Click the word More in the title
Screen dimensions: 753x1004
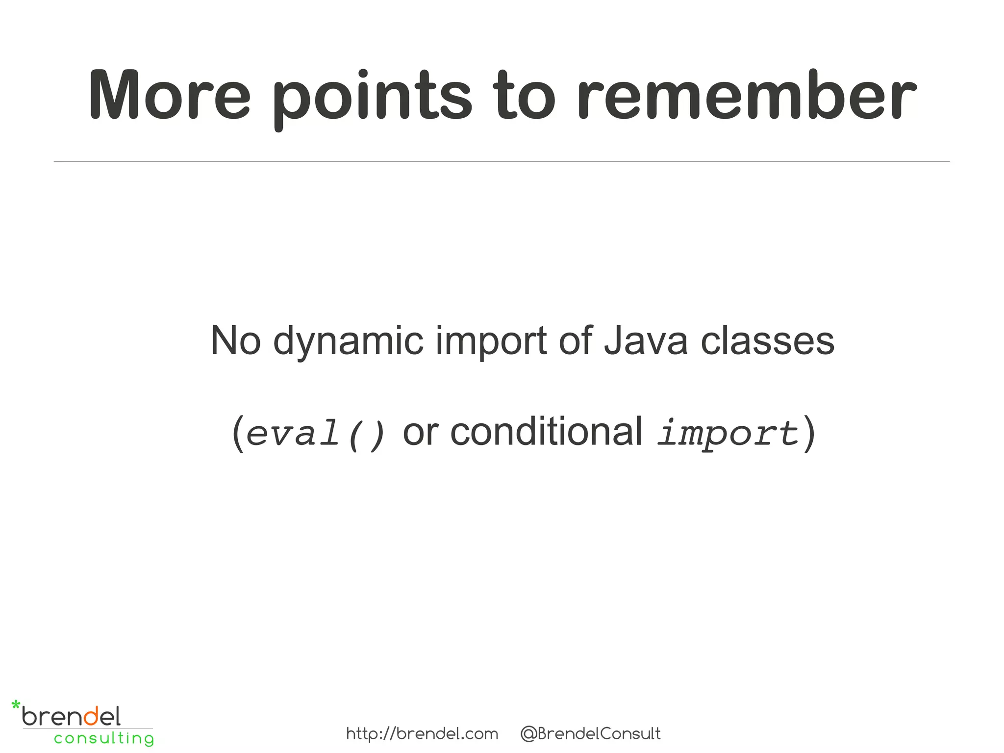point(169,96)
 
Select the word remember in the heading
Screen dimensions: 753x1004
point(745,96)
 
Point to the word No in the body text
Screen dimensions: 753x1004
point(235,341)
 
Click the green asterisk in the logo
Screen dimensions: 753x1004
point(16,706)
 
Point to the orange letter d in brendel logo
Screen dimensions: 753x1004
point(91,716)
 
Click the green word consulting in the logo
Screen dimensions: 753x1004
point(104,738)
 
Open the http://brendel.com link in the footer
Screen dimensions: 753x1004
point(422,734)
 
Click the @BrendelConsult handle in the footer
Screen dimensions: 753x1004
point(590,734)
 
